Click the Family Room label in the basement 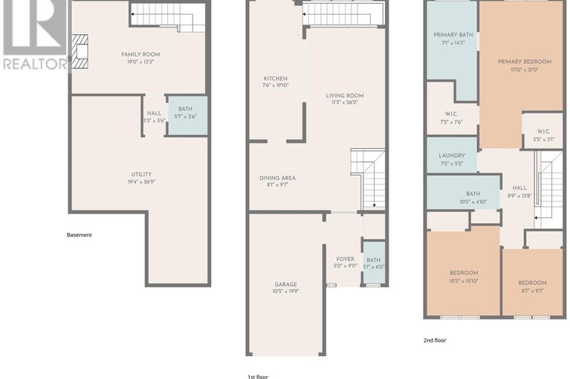pyautogui.click(x=140, y=54)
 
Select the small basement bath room pyautogui.click(x=185, y=114)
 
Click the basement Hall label pyautogui.click(x=154, y=113)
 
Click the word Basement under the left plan pyautogui.click(x=80, y=235)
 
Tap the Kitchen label pyautogui.click(x=275, y=79)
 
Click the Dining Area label pyautogui.click(x=277, y=178)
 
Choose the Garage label pyautogui.click(x=285, y=284)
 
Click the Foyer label pyautogui.click(x=343, y=259)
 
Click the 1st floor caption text pyautogui.click(x=259, y=375)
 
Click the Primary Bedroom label pyautogui.click(x=521, y=62)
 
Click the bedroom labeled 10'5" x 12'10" pyautogui.click(x=464, y=273)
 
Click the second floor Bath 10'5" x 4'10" pyautogui.click(x=463, y=194)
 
